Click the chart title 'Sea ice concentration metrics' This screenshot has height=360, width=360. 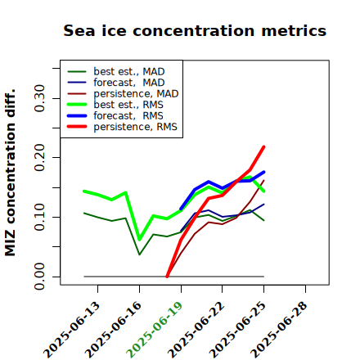click(195, 30)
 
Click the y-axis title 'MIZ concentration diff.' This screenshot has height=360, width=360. click(10, 173)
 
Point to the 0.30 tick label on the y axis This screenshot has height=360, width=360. click(40, 98)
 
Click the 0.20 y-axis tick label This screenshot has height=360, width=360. click(40, 157)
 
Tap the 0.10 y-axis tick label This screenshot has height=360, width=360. click(40, 217)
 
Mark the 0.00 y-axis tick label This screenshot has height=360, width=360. click(40, 277)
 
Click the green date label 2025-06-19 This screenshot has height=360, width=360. click(155, 329)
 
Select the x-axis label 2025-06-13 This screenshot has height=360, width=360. click(72, 329)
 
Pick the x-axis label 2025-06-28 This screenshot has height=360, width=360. click(279, 329)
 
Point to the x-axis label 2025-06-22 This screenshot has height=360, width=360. click(196, 329)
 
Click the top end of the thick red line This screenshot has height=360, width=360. click(263, 146)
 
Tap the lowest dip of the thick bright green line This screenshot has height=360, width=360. click(140, 240)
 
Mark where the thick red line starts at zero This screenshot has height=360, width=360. click(167, 277)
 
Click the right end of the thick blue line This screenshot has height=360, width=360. click(263, 172)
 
